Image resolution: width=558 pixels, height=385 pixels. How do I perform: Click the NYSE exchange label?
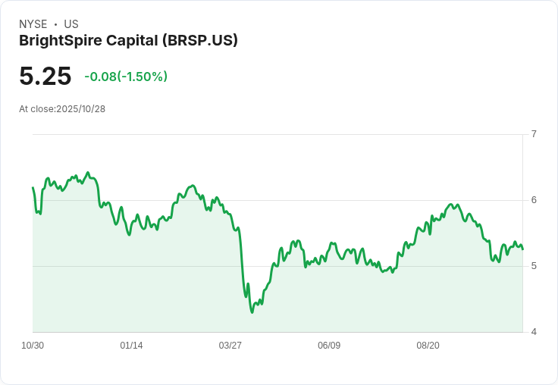[x=33, y=24]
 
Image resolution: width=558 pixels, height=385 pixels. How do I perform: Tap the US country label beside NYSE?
[x=71, y=24]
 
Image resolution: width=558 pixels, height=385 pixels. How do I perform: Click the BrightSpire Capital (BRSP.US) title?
[x=128, y=40]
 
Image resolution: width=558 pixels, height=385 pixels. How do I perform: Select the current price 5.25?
[x=45, y=77]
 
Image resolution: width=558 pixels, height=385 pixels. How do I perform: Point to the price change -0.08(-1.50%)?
[x=126, y=77]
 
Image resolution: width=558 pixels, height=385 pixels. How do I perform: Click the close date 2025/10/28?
[x=80, y=109]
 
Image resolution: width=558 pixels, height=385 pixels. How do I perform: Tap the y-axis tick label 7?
[x=534, y=134]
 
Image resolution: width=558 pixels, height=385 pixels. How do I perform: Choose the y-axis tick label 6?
[x=534, y=200]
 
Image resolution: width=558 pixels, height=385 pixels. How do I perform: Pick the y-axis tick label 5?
[x=534, y=266]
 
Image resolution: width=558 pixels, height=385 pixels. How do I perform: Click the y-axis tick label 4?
[x=534, y=332]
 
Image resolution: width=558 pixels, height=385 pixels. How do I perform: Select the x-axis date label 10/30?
[x=33, y=346]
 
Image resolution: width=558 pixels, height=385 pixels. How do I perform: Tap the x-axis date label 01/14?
[x=131, y=346]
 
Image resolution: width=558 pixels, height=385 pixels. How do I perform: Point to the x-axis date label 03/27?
[x=230, y=346]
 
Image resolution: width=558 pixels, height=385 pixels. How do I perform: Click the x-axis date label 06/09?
[x=329, y=346]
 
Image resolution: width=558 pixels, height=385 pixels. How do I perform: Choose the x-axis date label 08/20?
[x=428, y=346]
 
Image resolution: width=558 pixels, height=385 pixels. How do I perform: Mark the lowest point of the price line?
[x=252, y=312]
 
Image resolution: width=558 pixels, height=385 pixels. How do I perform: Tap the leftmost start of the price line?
[x=33, y=187]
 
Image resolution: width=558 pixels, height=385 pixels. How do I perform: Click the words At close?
[x=36, y=109]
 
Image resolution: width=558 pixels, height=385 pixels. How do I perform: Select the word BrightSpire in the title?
[x=58, y=40]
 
